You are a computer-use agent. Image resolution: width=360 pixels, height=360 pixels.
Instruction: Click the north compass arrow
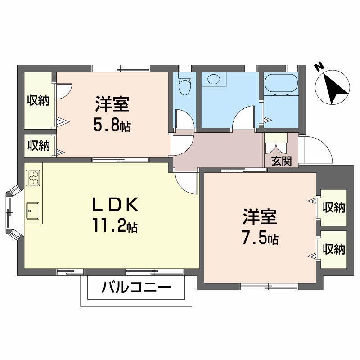tap(336, 87)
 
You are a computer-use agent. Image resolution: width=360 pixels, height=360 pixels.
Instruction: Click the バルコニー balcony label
tap(136, 287)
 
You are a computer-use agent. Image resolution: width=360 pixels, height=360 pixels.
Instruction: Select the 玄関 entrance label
tap(281, 161)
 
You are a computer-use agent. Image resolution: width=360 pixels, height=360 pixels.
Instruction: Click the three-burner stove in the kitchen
tap(33, 178)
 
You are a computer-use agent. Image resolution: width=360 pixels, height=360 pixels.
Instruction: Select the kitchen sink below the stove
tap(33, 210)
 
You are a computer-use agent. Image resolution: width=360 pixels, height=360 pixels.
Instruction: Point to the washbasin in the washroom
tap(213, 80)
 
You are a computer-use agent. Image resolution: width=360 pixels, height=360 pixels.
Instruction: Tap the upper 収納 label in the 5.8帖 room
tap(37, 101)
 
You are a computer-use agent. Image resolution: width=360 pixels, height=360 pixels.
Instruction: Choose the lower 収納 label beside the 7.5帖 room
tap(333, 249)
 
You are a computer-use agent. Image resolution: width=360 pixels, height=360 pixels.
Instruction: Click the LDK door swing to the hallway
tap(186, 182)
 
